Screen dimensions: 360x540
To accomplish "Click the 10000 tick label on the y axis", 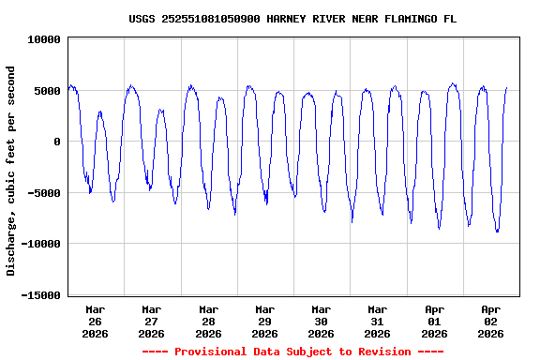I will tap(44, 40).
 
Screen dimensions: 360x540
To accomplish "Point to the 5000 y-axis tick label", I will tap(47, 91).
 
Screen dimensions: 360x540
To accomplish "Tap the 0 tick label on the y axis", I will tap(57, 142).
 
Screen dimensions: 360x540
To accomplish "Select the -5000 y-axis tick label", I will tap(44, 193).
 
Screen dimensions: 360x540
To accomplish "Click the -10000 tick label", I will tap(40, 245).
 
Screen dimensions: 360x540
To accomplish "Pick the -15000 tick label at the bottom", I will tap(40, 295).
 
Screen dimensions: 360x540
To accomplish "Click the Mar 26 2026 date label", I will tap(95, 321).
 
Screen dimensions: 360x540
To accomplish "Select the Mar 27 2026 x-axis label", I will tap(151, 321).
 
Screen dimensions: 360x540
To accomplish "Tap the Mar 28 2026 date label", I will tap(208, 321).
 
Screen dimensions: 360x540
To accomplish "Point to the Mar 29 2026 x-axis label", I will tap(264, 321).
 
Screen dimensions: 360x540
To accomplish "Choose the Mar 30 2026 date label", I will tap(321, 321).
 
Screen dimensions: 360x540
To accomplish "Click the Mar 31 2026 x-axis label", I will tap(377, 321).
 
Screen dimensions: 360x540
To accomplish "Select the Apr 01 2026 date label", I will tap(434, 321).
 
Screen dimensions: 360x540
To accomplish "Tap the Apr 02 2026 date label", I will tap(490, 321).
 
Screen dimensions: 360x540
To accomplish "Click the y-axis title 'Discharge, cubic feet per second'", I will tap(11, 171).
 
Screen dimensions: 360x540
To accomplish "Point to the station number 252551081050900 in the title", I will tap(209, 19).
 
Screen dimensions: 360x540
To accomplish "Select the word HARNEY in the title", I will tap(285, 19).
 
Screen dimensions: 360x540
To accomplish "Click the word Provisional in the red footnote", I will tap(209, 352).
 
